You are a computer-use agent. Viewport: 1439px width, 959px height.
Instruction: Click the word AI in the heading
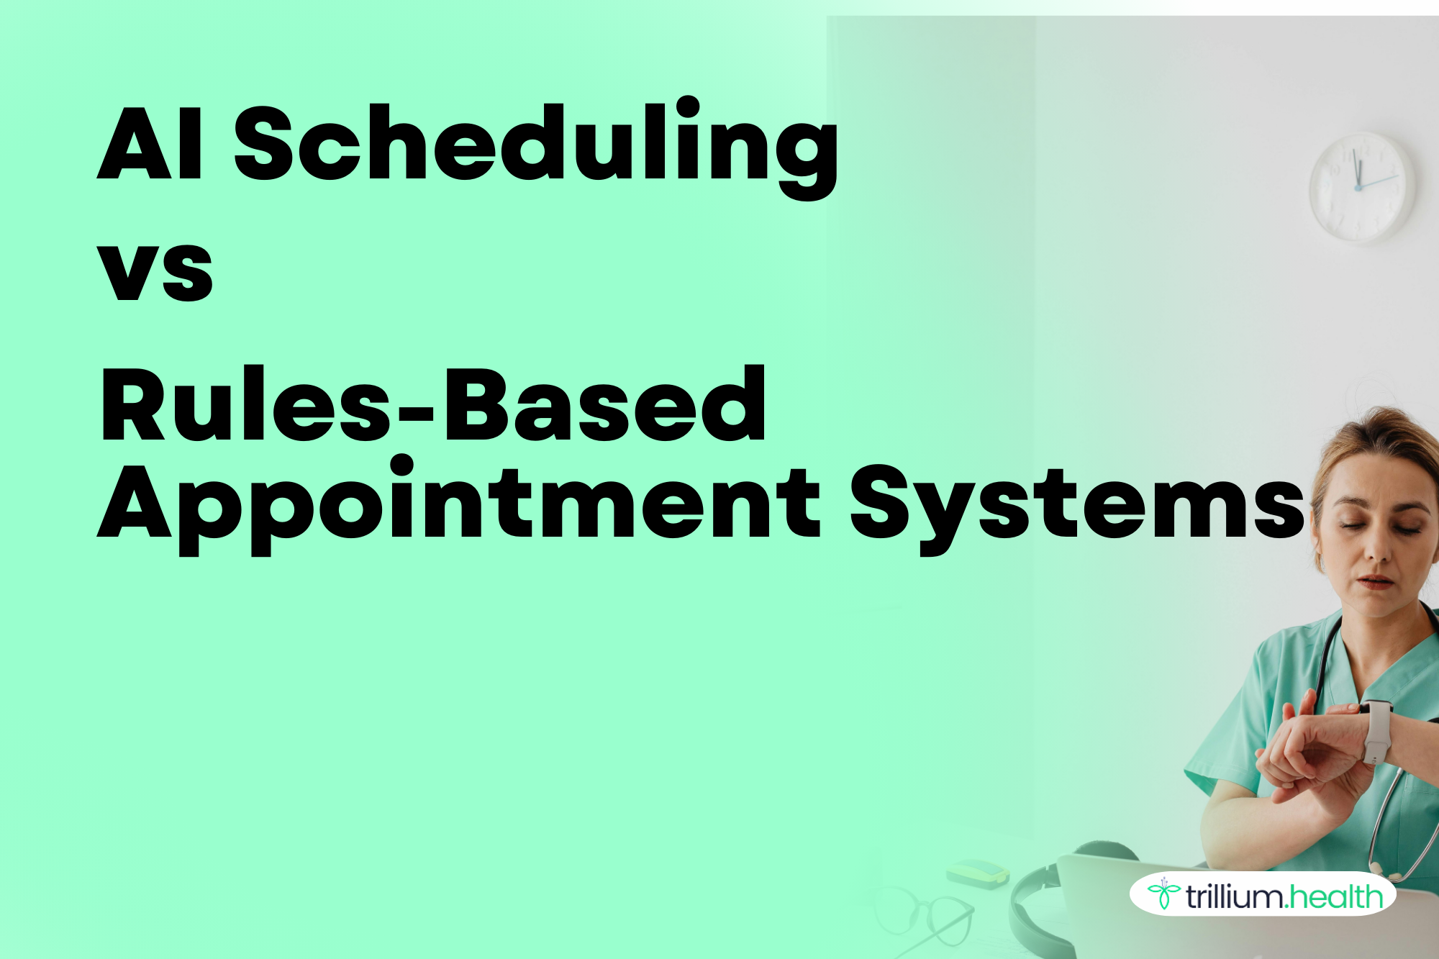(150, 143)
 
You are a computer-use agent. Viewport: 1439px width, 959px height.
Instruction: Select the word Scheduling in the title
(536, 143)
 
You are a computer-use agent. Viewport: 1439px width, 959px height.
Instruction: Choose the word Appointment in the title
(458, 504)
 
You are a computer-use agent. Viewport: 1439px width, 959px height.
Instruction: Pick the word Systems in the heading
(1076, 504)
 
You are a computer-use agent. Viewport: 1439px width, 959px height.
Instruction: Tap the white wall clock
(1361, 186)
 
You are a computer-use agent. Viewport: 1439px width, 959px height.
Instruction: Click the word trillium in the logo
(1235, 896)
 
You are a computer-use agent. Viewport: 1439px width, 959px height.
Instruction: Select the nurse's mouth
(1374, 581)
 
